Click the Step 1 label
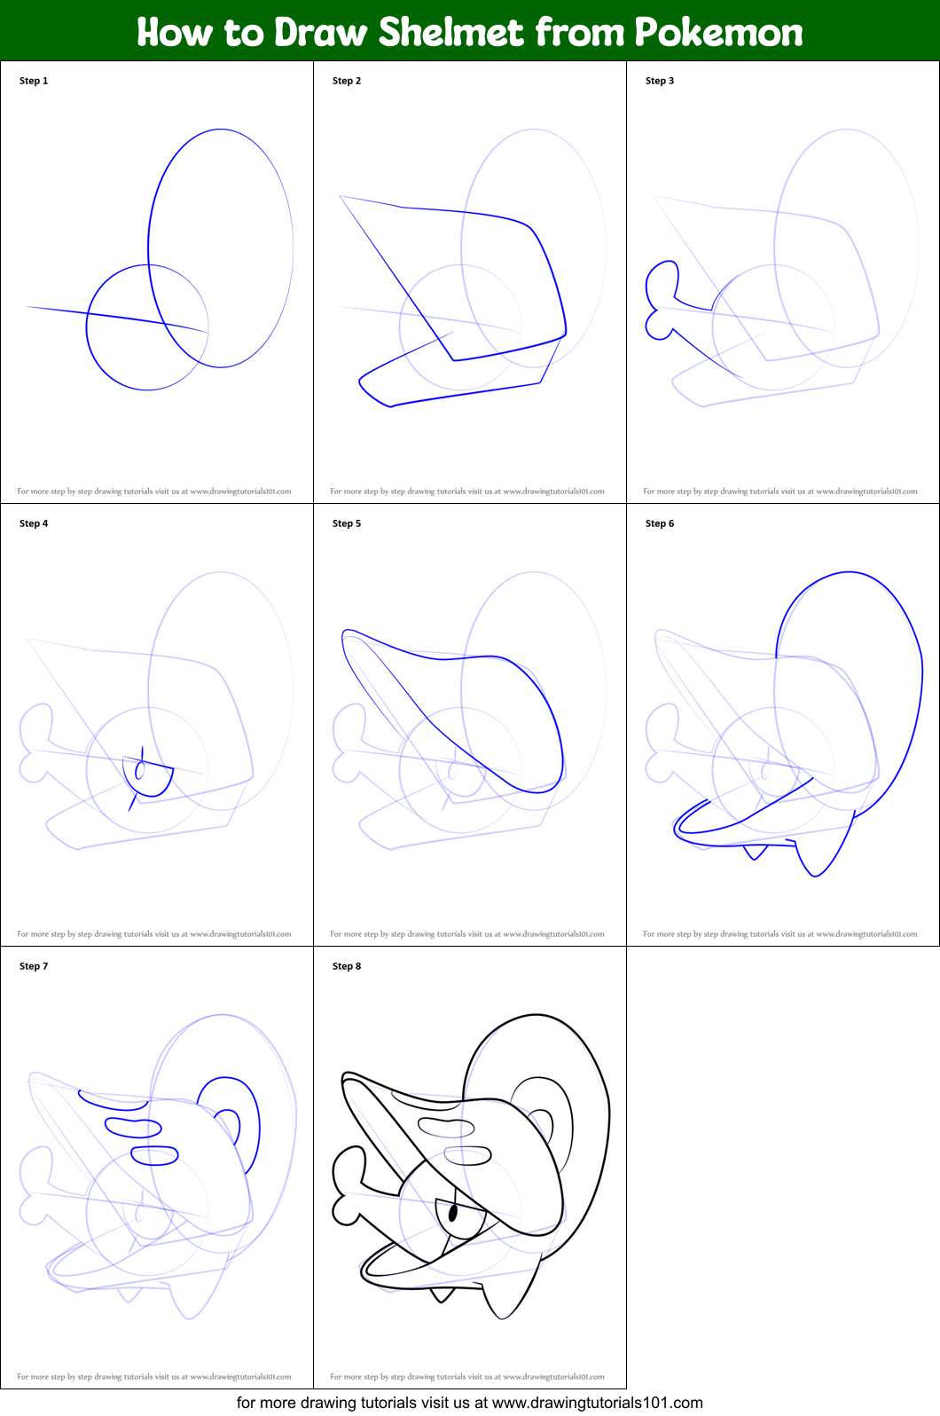[x=34, y=81]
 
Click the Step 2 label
[x=347, y=81]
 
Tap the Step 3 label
[x=660, y=81]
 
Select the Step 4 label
[x=34, y=523]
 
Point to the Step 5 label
[x=347, y=523]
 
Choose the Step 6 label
[x=660, y=523]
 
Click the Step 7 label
[x=34, y=966]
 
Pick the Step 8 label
[x=347, y=966]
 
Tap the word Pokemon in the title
[x=718, y=32]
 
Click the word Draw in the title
[x=321, y=32]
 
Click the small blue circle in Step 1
[x=147, y=327]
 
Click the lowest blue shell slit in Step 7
[x=155, y=1155]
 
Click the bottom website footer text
[x=470, y=1403]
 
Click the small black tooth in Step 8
[x=441, y=1295]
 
